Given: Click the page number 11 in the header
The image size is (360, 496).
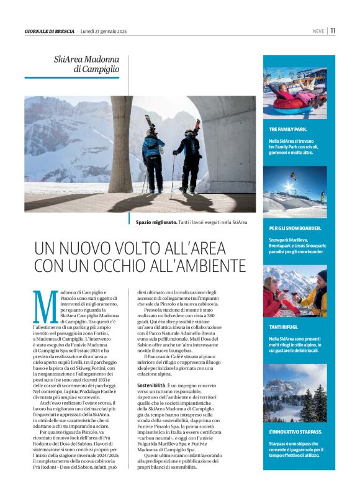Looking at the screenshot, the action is point(333,30).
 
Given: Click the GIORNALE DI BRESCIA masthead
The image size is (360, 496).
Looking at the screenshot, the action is point(50,31).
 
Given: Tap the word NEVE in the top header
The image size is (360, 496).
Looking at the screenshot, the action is point(319,31).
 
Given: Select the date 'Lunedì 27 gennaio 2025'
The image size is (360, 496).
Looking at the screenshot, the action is point(104,31).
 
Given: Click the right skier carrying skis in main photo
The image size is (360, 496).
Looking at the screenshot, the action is point(190,155).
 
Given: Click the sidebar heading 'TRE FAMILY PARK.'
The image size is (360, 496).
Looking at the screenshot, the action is point(288,129).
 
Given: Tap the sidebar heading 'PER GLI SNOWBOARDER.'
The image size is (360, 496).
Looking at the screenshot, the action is point(295,228).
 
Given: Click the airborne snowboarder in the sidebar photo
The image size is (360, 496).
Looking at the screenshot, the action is point(293,176).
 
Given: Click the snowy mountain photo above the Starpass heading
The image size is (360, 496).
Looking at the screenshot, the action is point(295,392).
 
